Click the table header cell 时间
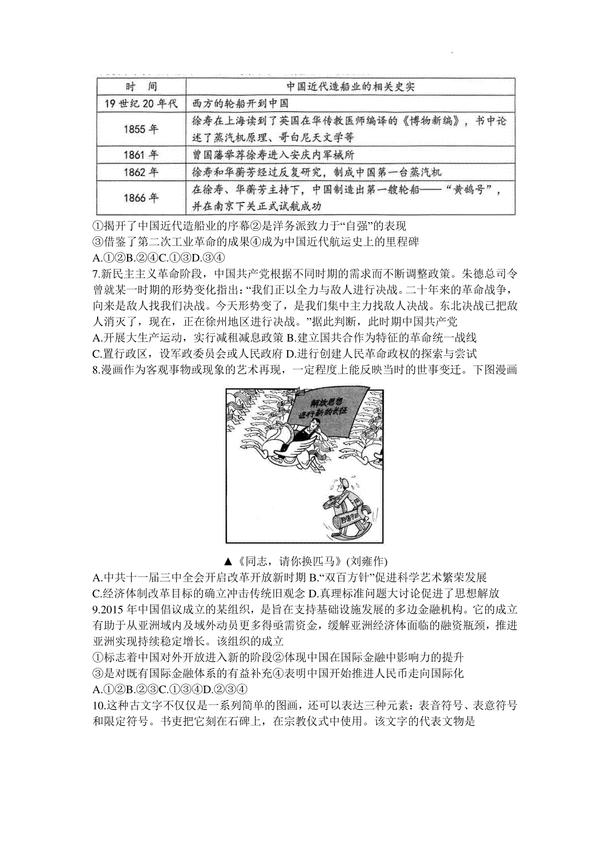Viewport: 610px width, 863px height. point(141,86)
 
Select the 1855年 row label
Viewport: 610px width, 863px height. point(141,129)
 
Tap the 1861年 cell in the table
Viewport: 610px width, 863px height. point(141,155)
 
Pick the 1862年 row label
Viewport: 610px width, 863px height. point(141,172)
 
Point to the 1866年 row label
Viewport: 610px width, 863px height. point(141,198)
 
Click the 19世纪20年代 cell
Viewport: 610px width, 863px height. point(141,103)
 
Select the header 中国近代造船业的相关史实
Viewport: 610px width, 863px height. point(350,86)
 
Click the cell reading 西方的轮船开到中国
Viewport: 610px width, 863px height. point(240,103)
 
